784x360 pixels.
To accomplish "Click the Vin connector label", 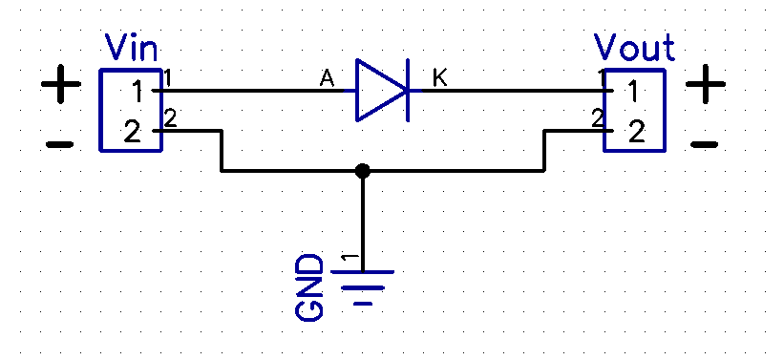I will [131, 47].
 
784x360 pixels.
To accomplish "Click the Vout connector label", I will [634, 47].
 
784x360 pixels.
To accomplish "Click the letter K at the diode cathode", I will [439, 78].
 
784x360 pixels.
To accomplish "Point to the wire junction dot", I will [362, 172].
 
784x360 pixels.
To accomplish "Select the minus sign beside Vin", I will [59, 145].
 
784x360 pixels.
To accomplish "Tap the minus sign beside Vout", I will [704, 145].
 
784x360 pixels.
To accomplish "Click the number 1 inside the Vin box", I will [138, 92].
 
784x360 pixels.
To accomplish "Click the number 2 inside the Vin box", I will [133, 131].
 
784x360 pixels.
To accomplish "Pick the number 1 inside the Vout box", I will [632, 92].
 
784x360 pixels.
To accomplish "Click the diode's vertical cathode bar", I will [408, 91].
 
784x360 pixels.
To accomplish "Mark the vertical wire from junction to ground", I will [362, 220].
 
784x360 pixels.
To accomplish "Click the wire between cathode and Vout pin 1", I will [506, 91].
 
